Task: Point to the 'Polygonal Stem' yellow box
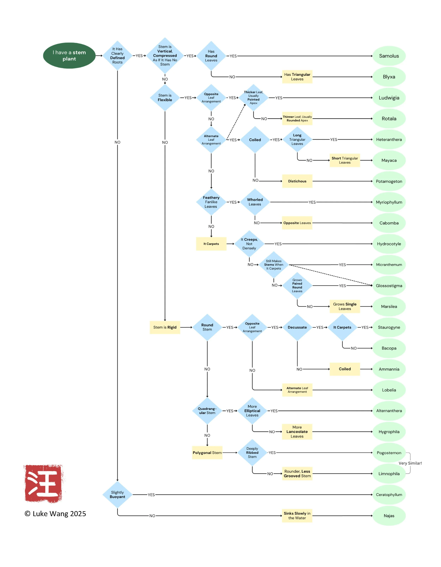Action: point(207,453)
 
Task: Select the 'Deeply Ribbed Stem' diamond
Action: point(252,453)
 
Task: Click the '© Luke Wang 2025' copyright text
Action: point(55,514)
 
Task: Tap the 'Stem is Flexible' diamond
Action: point(165,98)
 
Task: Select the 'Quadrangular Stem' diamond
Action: point(207,411)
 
